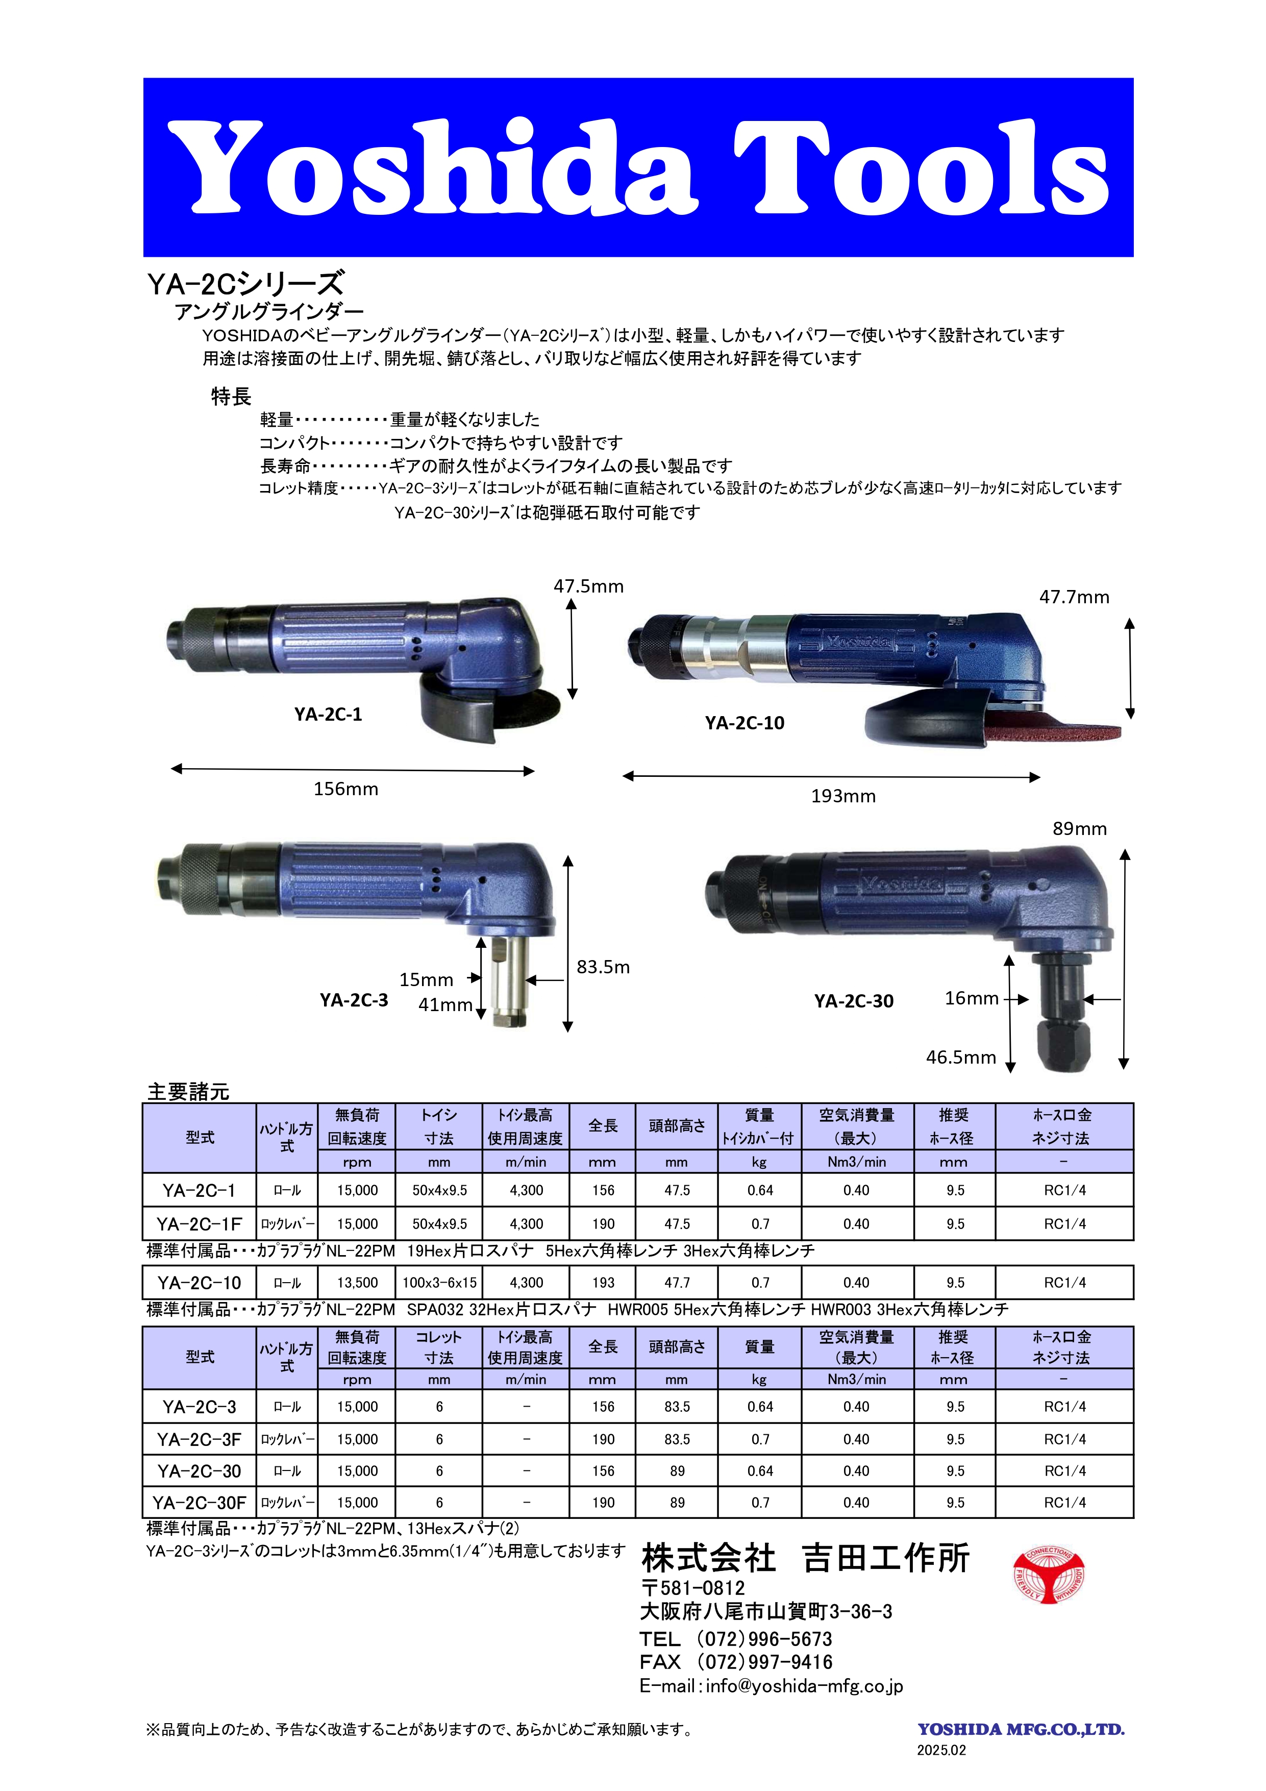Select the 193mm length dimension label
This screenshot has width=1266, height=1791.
tap(843, 796)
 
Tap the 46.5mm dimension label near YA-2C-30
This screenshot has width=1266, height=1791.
tap(960, 1058)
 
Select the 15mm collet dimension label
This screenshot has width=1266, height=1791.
tap(426, 980)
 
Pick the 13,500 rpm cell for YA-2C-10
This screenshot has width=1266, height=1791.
tap(357, 1283)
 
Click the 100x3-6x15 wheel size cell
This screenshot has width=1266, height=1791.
tap(439, 1283)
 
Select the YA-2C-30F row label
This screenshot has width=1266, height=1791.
tap(199, 1503)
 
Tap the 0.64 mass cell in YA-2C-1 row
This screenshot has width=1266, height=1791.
tap(760, 1190)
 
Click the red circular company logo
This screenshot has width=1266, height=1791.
tap(1049, 1576)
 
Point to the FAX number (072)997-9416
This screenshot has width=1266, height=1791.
tap(764, 1662)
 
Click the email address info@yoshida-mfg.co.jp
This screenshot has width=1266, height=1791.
tap(804, 1686)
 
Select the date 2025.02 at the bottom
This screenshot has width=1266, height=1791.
tap(941, 1751)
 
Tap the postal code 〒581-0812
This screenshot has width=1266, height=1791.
tap(692, 1588)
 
